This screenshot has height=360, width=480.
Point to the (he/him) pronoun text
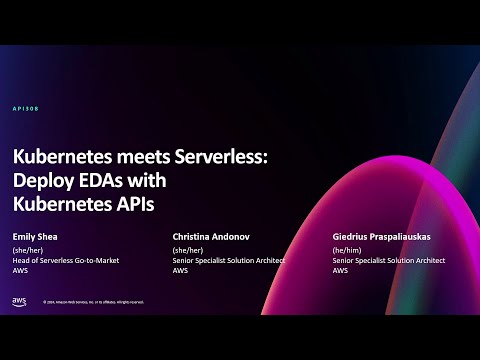click(x=349, y=251)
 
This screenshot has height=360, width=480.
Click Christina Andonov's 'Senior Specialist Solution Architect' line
click(x=229, y=261)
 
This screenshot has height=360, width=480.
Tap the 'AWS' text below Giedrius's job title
click(x=340, y=271)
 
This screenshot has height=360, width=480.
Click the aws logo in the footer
click(x=19, y=301)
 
